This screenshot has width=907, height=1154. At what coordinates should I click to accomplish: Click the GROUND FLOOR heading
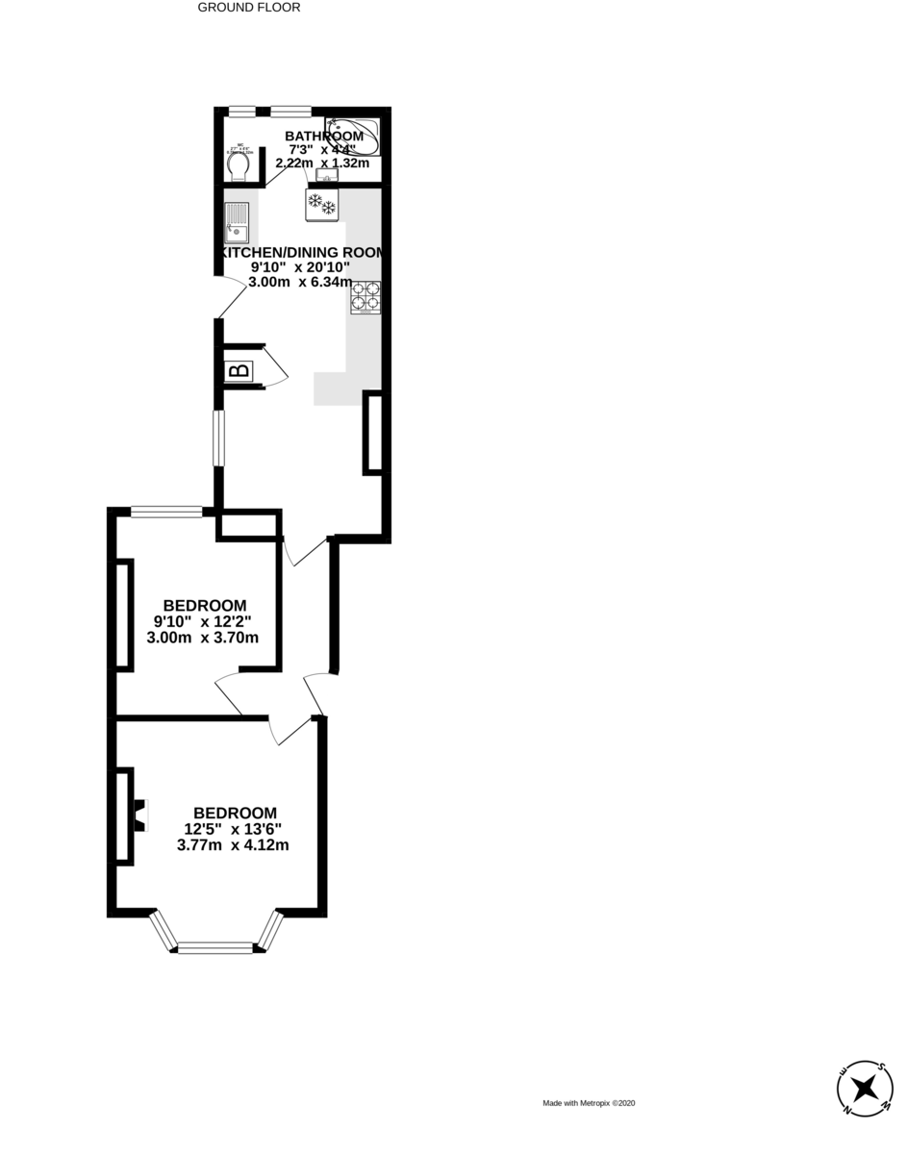pos(249,8)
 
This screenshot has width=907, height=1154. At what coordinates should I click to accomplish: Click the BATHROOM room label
pos(324,137)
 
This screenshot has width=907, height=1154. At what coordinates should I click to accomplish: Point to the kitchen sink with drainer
pos(237,223)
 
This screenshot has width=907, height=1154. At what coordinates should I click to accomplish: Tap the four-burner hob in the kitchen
pos(365,297)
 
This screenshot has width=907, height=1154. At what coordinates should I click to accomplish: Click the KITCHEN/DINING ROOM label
pos(302,252)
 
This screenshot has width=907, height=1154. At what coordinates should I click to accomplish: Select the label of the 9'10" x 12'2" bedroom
pos(205,605)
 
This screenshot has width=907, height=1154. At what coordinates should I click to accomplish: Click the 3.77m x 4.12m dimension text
pos(233,845)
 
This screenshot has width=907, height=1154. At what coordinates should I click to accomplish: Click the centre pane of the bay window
pos(216,948)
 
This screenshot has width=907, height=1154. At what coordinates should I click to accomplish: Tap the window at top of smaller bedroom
pos(165,512)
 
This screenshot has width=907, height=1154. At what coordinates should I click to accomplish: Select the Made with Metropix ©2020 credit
pos(589,1103)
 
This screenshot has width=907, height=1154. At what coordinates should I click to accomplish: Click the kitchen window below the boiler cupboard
pos(219,439)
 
